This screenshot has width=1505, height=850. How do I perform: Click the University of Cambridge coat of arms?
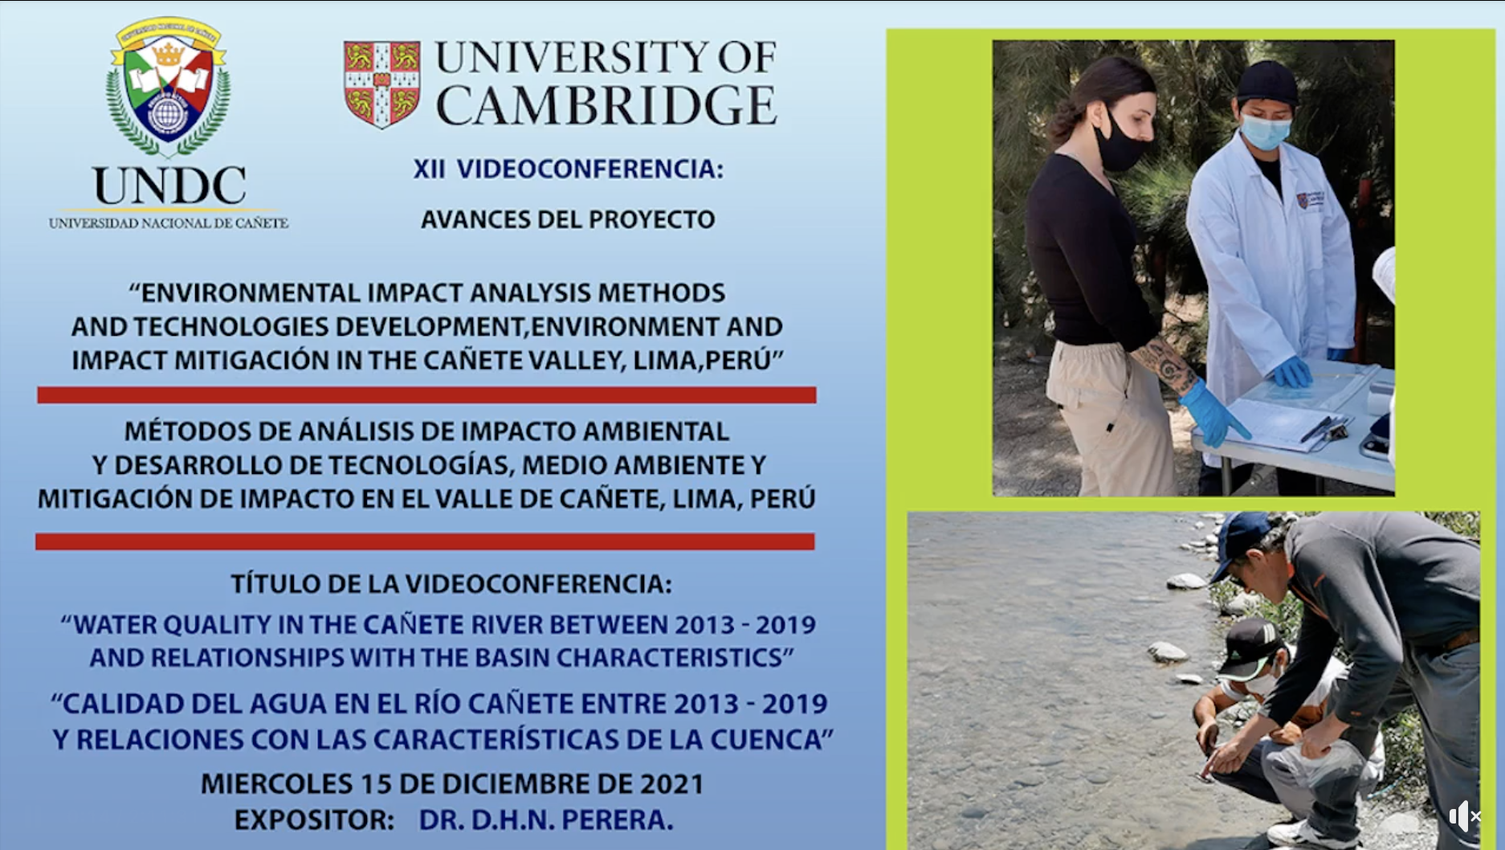tap(382, 84)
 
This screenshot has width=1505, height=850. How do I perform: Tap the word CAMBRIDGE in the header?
tap(606, 105)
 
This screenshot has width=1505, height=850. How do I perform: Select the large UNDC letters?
tap(169, 186)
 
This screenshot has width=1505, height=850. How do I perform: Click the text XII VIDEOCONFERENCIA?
tap(568, 169)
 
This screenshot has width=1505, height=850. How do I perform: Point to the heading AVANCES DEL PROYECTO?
tap(568, 219)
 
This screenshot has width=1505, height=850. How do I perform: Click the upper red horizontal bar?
tap(426, 394)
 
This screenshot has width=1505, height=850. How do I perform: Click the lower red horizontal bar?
tap(425, 541)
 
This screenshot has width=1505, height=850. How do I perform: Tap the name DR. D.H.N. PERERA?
tap(546, 819)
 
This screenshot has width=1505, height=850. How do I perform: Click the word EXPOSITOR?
tap(314, 819)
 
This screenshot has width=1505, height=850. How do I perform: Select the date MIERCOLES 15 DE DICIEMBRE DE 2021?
tap(452, 783)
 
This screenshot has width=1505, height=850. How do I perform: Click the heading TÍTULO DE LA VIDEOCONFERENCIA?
tap(451, 583)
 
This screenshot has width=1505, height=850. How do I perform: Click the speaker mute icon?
tap(1465, 816)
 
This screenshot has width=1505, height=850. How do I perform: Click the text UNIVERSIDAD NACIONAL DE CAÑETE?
tap(169, 223)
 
